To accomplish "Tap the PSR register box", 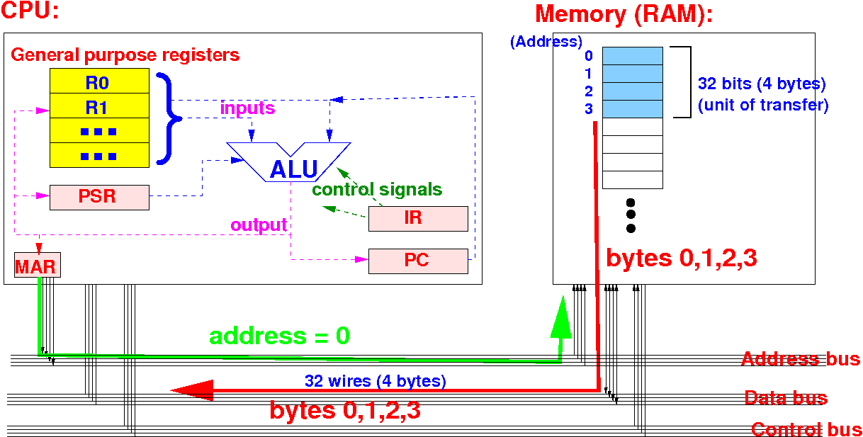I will (x=99, y=197).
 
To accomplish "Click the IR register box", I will (x=418, y=218).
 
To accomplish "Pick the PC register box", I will (x=418, y=261).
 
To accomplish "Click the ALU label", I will (x=293, y=169).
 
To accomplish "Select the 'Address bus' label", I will (x=801, y=359).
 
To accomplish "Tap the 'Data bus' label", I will (x=785, y=398).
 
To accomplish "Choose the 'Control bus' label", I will (x=806, y=429).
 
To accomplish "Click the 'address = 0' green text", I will (x=279, y=335).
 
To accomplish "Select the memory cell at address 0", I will (x=632, y=56).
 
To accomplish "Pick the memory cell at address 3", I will (x=632, y=109).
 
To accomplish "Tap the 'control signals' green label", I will (x=377, y=190).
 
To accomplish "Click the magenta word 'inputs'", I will (x=247, y=109).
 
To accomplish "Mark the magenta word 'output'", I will (x=259, y=225).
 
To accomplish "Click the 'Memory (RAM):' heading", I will (x=624, y=14).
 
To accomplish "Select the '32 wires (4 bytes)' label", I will (x=376, y=381).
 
